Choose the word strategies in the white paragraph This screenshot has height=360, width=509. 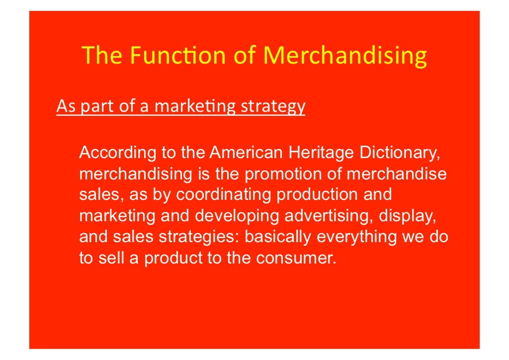198,237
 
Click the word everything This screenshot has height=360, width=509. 356,237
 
